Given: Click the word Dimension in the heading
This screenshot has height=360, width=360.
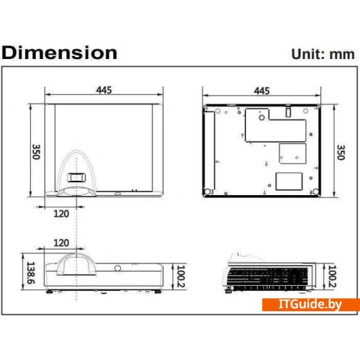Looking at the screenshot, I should click(x=60, y=53).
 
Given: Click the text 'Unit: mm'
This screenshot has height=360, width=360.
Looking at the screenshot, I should click(x=322, y=53).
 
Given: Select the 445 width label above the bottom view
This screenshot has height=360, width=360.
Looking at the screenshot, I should click(x=261, y=91).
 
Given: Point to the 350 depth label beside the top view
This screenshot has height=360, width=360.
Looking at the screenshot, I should click(x=35, y=152).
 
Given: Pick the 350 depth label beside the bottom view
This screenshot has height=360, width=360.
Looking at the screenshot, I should click(x=341, y=152).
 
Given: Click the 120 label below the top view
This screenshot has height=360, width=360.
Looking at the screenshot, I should click(x=62, y=214).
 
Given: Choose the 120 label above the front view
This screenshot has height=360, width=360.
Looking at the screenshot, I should click(x=62, y=243).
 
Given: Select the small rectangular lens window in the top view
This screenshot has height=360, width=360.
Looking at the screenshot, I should click(x=76, y=175).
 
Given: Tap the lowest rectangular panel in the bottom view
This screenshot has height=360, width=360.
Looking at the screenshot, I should click(x=287, y=180).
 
